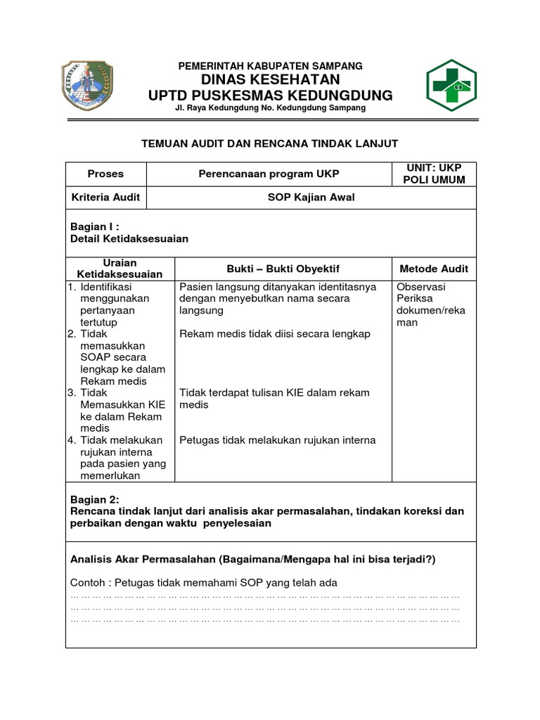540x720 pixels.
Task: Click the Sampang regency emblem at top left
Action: pos(87,86)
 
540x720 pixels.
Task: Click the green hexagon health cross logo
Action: pos(451,86)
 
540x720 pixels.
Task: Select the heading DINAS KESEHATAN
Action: pos(271,79)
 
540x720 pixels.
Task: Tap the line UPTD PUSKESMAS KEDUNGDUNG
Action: pos(271,96)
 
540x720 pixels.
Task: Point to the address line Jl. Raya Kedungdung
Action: pos(271,108)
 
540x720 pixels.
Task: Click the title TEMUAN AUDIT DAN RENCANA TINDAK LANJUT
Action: pos(270,143)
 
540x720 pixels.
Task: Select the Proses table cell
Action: pos(105,174)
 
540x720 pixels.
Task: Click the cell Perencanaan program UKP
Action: pos(269,174)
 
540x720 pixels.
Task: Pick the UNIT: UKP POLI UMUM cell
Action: pos(434,174)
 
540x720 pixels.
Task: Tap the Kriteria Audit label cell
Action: pos(105,198)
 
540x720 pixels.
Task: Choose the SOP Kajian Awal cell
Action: pos(311,198)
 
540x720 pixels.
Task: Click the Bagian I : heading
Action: pos(95,227)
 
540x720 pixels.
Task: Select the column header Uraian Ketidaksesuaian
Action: pos(120,268)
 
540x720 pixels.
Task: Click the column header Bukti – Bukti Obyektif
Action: pos(283,269)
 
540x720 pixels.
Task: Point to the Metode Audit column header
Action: pos(433,269)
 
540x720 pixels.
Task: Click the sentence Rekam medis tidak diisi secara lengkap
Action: pos(275,334)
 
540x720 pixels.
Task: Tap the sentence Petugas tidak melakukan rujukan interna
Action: pos(278,440)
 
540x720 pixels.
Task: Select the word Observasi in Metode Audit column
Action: pos(420,287)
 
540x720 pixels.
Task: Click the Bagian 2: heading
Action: pos(95,500)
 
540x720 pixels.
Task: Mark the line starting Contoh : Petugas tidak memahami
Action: pos(204,582)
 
